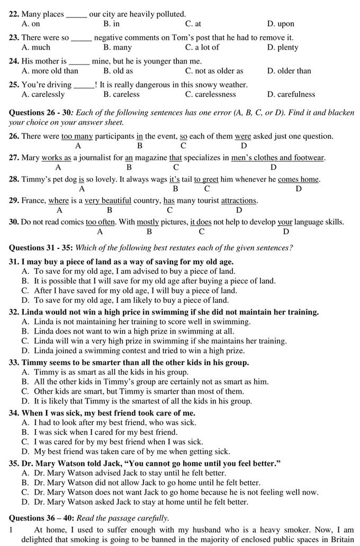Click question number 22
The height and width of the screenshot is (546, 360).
click(14, 14)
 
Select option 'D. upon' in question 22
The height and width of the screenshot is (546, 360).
click(281, 24)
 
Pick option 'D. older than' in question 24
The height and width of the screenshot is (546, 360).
click(289, 71)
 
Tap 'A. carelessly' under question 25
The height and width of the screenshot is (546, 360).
click(43, 94)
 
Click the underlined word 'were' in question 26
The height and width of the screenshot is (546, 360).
click(243, 136)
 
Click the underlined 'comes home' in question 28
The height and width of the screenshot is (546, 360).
click(299, 180)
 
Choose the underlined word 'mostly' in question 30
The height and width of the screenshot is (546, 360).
click(148, 222)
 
